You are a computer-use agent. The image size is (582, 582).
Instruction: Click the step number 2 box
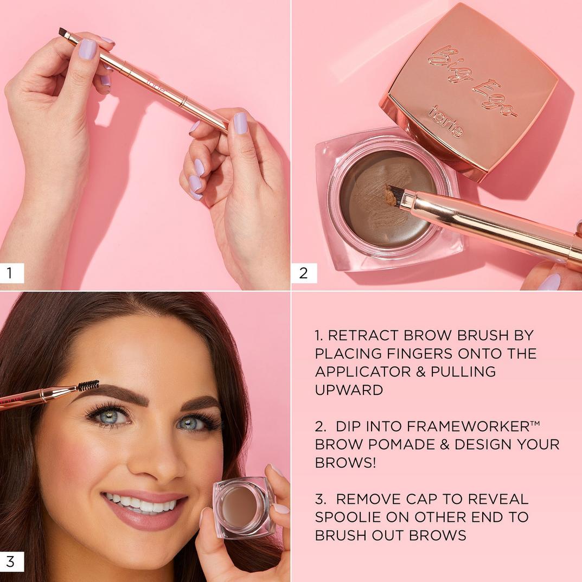303,273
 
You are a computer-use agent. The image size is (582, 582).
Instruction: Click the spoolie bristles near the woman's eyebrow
88,385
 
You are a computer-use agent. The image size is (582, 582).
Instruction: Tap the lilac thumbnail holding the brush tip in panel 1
87,49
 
